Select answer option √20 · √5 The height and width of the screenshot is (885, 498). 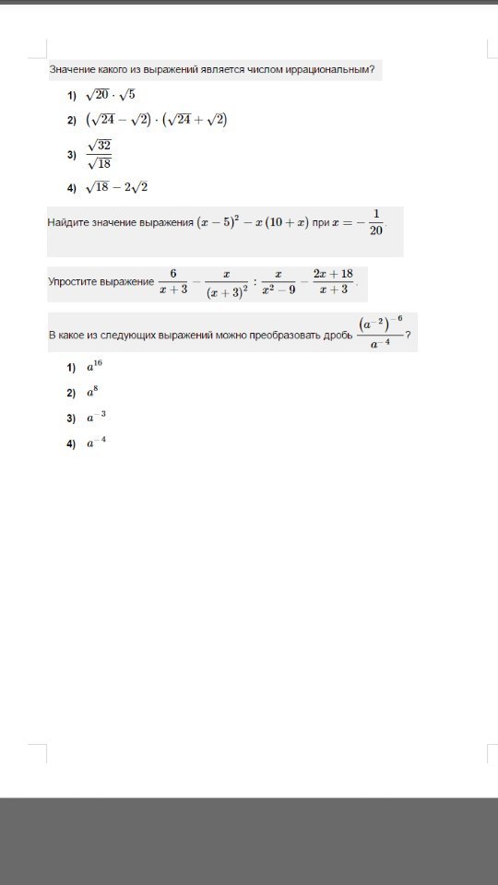click(110, 95)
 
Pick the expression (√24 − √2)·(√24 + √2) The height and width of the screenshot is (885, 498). click(156, 120)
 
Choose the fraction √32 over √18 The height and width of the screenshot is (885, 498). click(99, 155)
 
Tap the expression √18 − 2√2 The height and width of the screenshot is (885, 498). click(116, 187)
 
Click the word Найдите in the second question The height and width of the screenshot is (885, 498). click(69, 223)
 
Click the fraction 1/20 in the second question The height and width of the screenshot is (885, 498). click(374, 222)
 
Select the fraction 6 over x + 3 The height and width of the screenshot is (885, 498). click(172, 282)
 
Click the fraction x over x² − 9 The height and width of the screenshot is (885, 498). click(278, 282)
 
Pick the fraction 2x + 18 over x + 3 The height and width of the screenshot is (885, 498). click(333, 282)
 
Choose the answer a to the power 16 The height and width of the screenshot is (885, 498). click(95, 367)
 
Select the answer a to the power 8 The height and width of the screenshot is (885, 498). click(92, 392)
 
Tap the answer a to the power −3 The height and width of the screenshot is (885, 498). click(96, 417)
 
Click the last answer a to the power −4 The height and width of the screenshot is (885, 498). click(96, 442)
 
